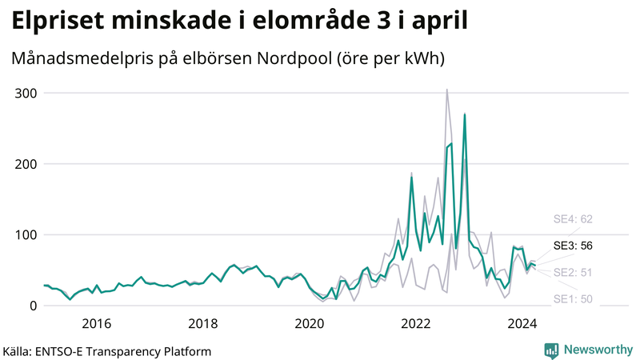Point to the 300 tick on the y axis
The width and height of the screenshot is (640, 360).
click(26, 93)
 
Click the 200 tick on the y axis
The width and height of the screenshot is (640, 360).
click(26, 163)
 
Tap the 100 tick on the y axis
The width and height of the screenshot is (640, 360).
click(26, 234)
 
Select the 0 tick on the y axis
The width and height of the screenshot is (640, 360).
click(34, 306)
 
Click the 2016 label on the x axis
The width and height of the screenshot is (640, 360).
click(96, 323)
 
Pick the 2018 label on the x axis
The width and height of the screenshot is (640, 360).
click(202, 323)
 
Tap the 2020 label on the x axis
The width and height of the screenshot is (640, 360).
click(310, 323)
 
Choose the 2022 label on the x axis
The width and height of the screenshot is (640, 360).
click(416, 323)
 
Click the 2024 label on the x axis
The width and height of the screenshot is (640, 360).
click(522, 323)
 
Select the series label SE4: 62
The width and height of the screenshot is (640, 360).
click(573, 218)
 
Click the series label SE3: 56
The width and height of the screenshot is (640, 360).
click(573, 246)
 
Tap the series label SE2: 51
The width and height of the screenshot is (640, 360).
click(573, 272)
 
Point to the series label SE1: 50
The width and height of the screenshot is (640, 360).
click(573, 299)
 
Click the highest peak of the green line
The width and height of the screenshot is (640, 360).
click(465, 114)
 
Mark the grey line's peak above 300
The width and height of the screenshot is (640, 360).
click(446, 90)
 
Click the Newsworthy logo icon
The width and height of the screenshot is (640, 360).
click(551, 350)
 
